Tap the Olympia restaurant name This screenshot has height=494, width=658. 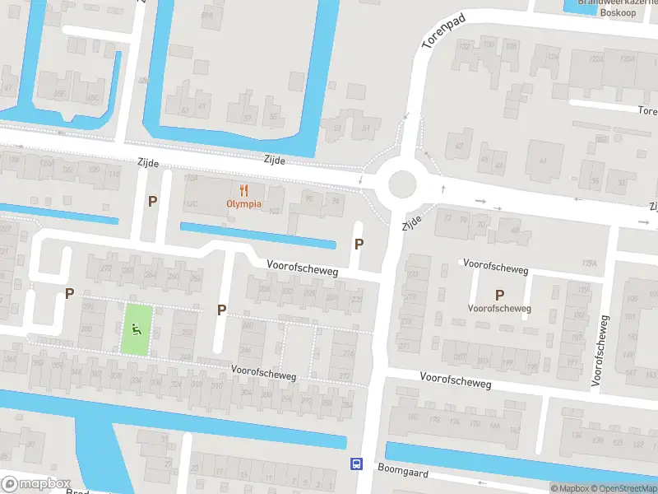(x=244, y=203)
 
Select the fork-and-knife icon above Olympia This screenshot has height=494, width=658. (x=244, y=189)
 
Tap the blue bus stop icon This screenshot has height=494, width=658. (x=356, y=464)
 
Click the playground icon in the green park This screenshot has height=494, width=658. (x=137, y=330)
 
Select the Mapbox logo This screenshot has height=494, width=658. (x=36, y=484)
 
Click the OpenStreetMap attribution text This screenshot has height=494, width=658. (x=616, y=488)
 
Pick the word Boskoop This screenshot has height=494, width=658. (x=619, y=12)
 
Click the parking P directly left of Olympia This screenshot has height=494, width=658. (x=152, y=201)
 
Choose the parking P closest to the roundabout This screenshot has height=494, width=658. (x=359, y=244)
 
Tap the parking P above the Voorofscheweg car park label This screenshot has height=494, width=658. (x=499, y=295)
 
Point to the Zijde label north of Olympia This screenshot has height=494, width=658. (x=275, y=161)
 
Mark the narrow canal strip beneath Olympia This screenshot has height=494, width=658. (x=258, y=235)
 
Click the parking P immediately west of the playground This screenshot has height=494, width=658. (x=69, y=293)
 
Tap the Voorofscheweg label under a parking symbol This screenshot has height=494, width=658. (x=499, y=309)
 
